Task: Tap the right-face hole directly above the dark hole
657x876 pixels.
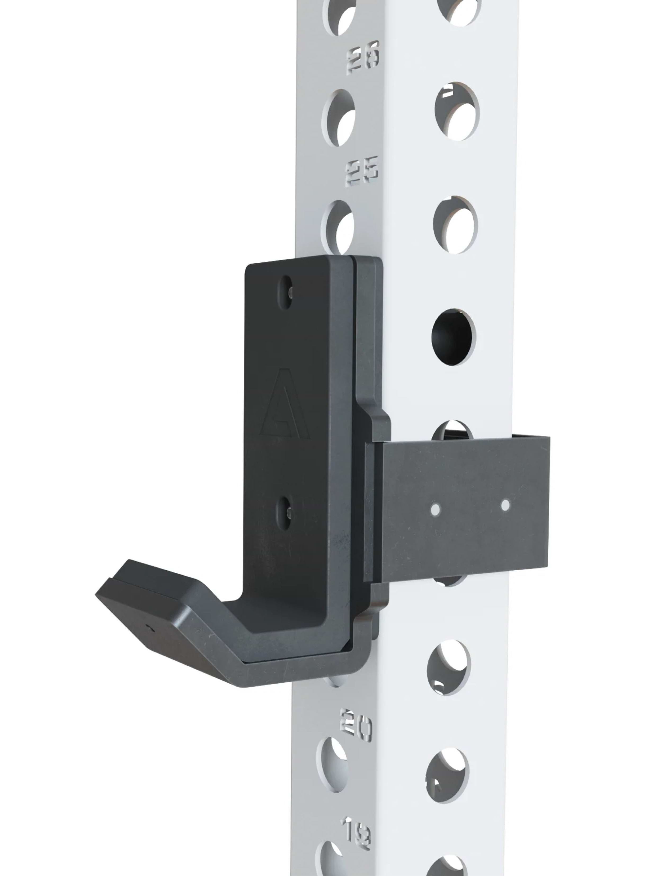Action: [455, 224]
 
